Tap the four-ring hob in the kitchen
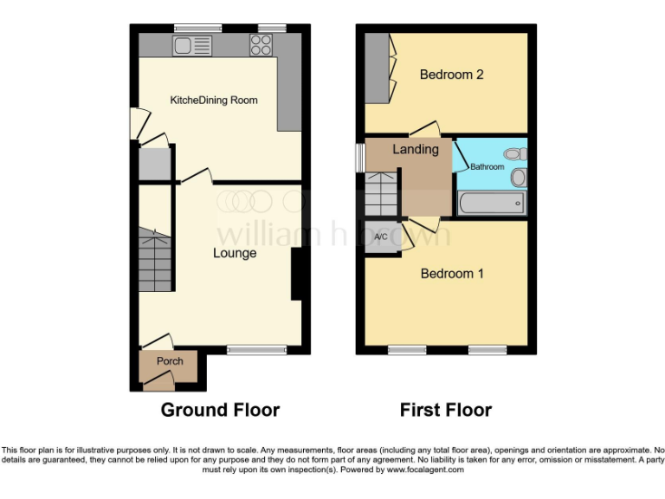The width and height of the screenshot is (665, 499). [x=261, y=45]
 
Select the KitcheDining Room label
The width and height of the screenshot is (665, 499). [x=214, y=100]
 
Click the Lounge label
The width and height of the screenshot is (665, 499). [x=235, y=253]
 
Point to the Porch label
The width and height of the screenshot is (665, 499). [x=170, y=361]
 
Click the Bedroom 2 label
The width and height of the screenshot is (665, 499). [x=451, y=75]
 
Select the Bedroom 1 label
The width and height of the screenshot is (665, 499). [x=452, y=274]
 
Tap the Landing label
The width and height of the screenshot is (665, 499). [x=416, y=149]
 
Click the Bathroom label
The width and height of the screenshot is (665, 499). [x=487, y=166]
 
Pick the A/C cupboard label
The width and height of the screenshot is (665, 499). [x=380, y=237]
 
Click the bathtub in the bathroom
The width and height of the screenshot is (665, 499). [x=491, y=204]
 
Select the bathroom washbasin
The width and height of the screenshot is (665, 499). [x=519, y=178]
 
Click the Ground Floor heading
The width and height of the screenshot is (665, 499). [x=220, y=410]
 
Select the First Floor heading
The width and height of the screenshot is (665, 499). [x=445, y=410]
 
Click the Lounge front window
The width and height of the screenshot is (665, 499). [x=257, y=350]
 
